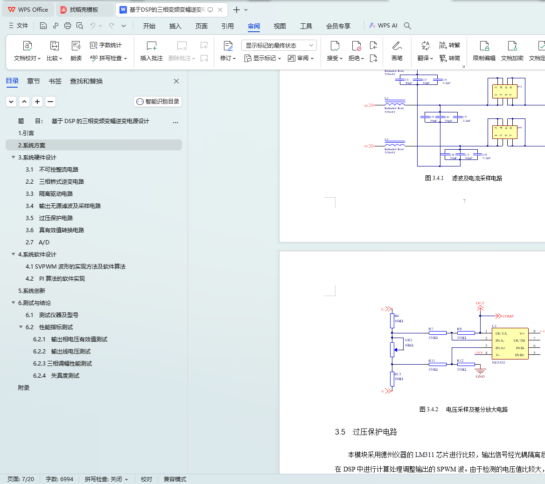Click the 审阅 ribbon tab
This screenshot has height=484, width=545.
254,26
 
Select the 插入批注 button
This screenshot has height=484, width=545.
152,51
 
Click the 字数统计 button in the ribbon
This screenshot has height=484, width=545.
106,45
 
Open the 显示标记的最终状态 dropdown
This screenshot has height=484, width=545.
279,45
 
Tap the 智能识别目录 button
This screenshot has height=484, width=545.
158,102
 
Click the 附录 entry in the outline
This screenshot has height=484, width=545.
24,388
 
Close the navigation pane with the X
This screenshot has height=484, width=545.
176,81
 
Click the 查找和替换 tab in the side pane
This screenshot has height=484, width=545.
86,81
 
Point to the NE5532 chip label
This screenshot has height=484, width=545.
498,362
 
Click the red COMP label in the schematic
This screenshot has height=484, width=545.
508,316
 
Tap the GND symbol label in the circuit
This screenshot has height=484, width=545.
480,376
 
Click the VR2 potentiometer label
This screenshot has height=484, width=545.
408,340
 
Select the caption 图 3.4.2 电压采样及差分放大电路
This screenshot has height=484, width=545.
463,409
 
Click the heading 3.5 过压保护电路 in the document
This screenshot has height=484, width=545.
366,432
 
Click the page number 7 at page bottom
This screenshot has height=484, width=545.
464,201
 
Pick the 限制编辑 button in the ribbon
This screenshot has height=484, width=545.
484,51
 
